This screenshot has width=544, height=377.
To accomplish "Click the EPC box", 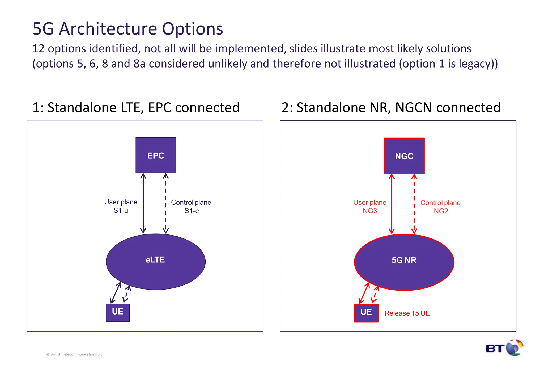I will coord(156,155).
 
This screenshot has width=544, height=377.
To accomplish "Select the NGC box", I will coord(404,156).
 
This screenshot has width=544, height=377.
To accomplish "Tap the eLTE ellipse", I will coord(156,262).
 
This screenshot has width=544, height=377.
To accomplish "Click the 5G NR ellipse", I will coord(404,262).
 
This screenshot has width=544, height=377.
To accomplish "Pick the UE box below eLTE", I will coord(118,312).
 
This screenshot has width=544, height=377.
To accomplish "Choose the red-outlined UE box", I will coord(366,313).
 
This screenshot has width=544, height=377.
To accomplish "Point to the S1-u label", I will coord(121,211).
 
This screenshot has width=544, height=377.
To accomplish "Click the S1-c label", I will coord(192,211).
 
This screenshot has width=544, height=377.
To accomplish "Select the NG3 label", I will coord(370,211).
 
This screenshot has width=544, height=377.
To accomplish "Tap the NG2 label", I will coord(441,211).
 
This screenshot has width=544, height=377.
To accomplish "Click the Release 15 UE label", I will coord(407,313).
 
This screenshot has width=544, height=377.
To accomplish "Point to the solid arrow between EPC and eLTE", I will coord(143,203).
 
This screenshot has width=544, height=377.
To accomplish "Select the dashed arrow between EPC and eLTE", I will coord(166,203).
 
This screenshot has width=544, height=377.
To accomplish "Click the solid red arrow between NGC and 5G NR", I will coord(392,204).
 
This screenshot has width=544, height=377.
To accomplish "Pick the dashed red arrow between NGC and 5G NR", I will coord(414,204).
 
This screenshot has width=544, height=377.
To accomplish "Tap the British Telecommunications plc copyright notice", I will coord(74,354).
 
